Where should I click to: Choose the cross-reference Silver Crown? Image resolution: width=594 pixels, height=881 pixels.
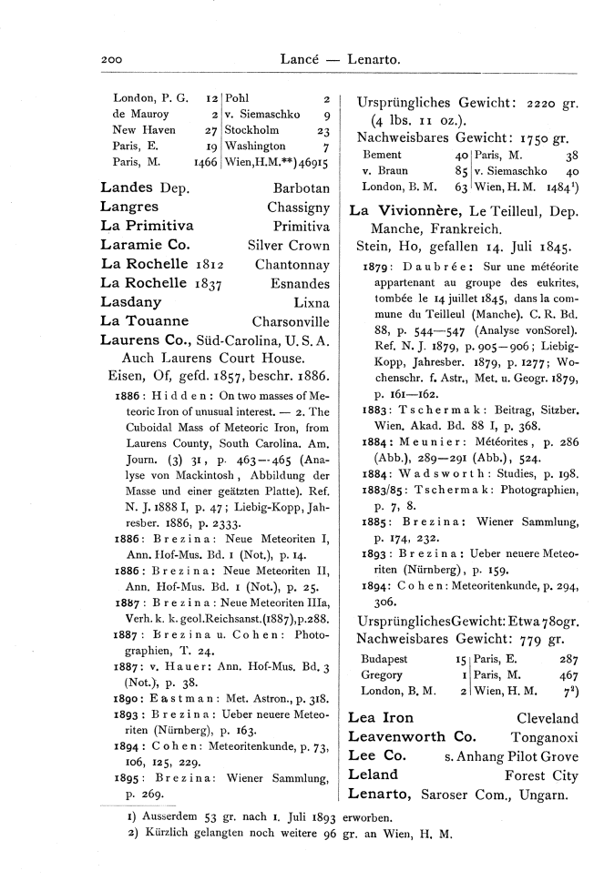coord(289,246)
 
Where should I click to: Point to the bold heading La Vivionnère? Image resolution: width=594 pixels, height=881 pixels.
coord(405,210)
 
